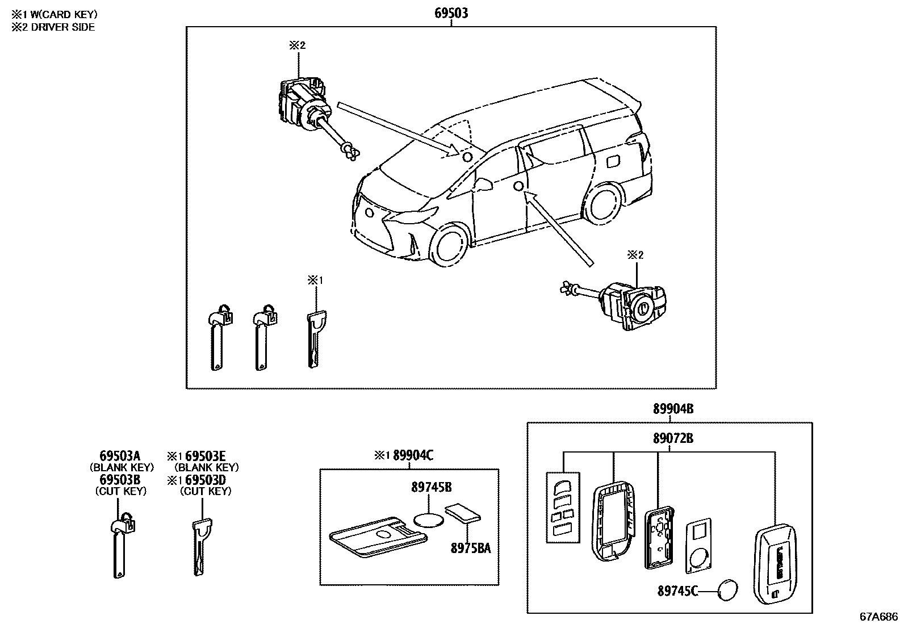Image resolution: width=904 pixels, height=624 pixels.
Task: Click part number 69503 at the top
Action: click(x=451, y=13)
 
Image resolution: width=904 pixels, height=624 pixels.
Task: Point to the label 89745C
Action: click(x=677, y=592)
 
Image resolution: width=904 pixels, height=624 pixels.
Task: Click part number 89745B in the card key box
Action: click(x=432, y=487)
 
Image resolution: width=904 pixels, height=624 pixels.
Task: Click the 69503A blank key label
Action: click(x=120, y=456)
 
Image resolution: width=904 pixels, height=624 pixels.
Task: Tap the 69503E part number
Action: click(x=206, y=456)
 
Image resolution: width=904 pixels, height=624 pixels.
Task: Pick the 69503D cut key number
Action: click(x=206, y=480)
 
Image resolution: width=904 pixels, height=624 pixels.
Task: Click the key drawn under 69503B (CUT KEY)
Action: click(x=120, y=545)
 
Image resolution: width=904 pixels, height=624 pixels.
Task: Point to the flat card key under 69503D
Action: click(x=201, y=548)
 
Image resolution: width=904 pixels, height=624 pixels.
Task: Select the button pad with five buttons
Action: click(x=563, y=506)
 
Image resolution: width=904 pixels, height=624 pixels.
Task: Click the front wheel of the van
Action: click(x=450, y=246)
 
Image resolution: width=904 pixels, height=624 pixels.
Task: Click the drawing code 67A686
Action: click(x=878, y=616)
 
